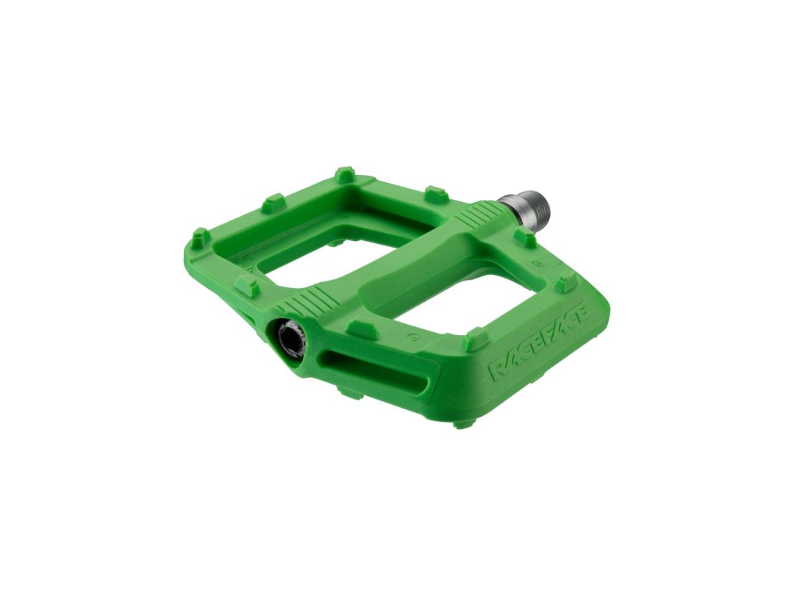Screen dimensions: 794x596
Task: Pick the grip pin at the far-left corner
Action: [201, 237]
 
